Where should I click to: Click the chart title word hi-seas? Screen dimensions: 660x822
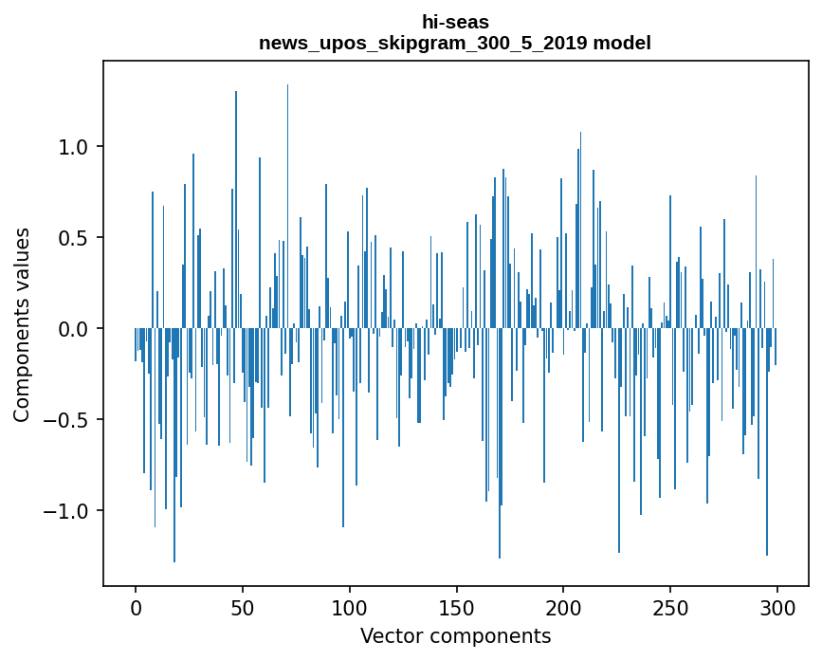(455, 22)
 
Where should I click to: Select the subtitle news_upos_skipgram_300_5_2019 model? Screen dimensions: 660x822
(455, 43)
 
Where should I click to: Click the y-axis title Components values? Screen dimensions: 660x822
(22, 324)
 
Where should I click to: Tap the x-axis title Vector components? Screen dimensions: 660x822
(455, 635)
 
